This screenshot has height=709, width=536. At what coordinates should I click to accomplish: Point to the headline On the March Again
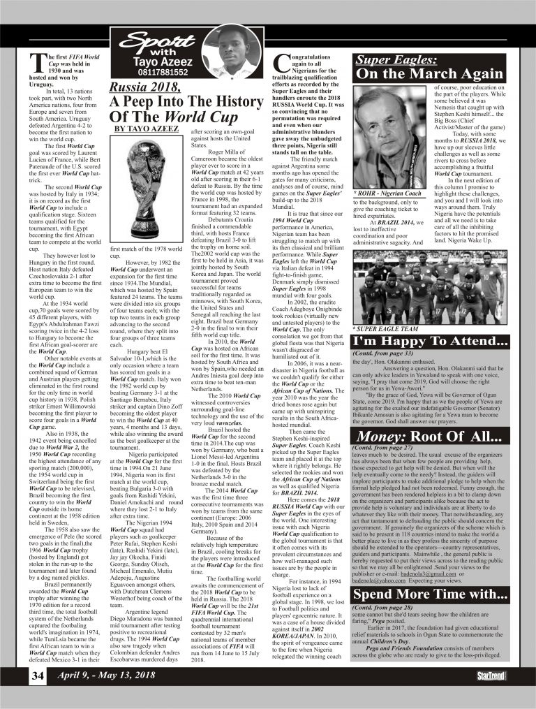tap(430, 74)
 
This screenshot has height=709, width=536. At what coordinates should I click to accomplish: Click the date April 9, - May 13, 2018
tap(106, 676)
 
